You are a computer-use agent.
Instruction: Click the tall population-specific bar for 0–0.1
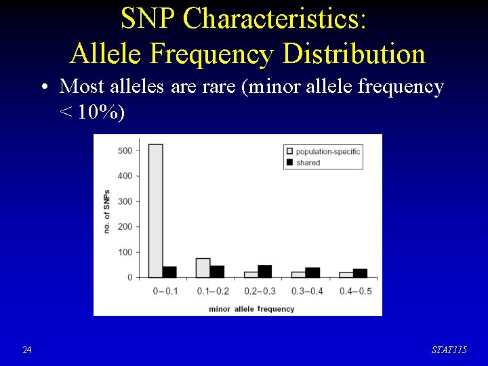click(x=155, y=211)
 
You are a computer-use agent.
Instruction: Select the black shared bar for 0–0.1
click(x=169, y=272)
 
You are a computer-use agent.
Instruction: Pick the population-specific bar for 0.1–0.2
click(x=203, y=268)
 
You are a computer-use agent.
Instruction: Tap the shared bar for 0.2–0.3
click(x=264, y=271)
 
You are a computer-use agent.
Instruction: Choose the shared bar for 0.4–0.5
click(x=360, y=273)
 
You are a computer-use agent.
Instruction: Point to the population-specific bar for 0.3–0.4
click(x=298, y=274)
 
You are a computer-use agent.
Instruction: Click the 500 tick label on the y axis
click(x=124, y=150)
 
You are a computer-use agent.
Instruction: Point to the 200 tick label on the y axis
click(x=124, y=226)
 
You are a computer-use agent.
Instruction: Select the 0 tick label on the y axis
click(x=129, y=277)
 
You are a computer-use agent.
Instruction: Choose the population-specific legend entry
click(x=323, y=151)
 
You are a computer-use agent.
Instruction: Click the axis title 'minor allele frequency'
click(x=251, y=309)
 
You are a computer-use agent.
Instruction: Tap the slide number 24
click(x=26, y=350)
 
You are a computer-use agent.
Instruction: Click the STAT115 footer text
click(x=449, y=350)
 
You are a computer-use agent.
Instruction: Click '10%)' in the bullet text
click(x=101, y=113)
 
